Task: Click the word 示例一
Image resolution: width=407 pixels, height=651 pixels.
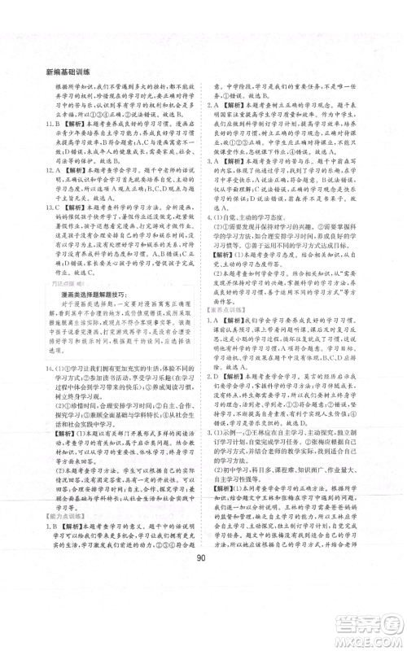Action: (230, 435)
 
